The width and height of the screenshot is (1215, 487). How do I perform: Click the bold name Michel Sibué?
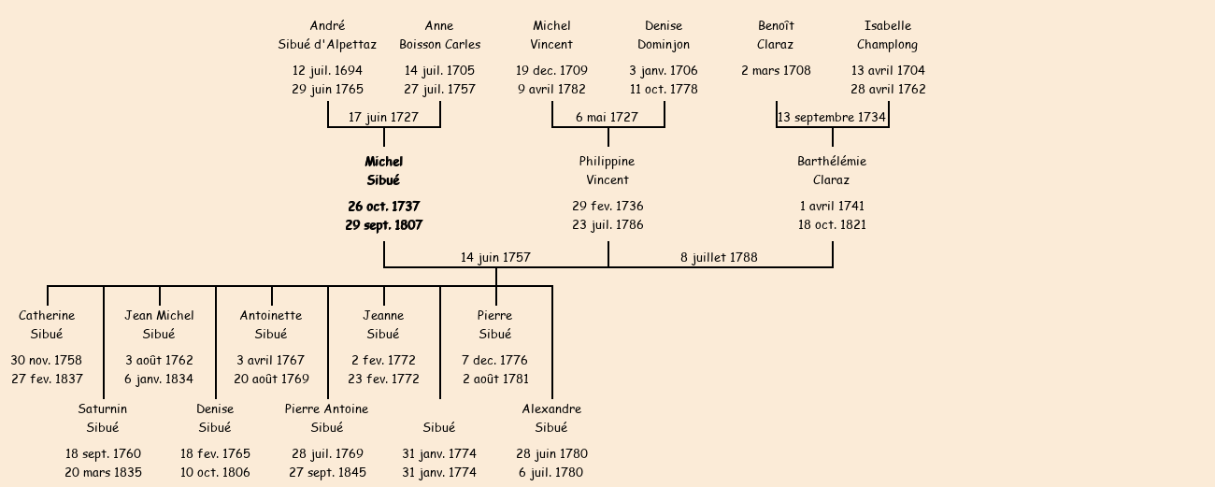coord(383,171)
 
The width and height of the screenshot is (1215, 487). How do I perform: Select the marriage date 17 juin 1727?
coord(383,118)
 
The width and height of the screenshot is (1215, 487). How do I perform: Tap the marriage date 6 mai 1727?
coord(607,118)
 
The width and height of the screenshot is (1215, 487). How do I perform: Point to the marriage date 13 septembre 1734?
coord(831,118)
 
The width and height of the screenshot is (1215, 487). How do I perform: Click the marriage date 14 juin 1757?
coord(495,257)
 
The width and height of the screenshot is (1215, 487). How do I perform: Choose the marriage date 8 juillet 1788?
coord(719,257)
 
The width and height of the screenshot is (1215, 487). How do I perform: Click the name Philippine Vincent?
coord(607,171)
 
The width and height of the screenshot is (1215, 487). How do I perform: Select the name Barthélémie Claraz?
coord(832,171)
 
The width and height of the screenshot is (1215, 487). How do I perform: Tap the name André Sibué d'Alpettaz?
coord(327,36)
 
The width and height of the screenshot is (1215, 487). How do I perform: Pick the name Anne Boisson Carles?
coord(439,36)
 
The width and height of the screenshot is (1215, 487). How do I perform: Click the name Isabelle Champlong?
coord(888,36)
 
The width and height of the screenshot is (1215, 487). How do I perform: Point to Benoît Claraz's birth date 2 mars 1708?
coord(776,71)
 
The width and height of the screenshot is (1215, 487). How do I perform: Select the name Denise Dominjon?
coord(664,36)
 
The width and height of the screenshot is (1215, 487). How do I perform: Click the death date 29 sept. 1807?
coord(383,225)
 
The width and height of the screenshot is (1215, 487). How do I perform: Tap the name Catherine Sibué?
coord(47,325)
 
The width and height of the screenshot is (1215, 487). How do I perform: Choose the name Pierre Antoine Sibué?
coord(327,419)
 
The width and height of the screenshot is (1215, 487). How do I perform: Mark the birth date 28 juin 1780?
coord(551,454)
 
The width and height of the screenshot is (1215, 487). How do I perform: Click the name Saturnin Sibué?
coord(103,419)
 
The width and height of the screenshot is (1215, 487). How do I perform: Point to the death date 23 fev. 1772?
coord(383,380)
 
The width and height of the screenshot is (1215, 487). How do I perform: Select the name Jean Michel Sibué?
coord(159,325)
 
